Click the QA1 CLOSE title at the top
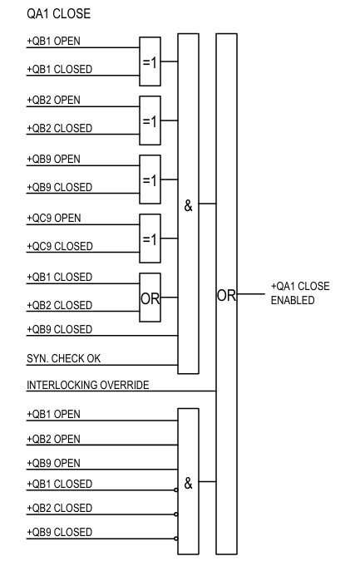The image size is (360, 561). [58, 14]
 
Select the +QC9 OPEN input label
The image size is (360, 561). [58, 219]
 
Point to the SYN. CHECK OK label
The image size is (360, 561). [65, 358]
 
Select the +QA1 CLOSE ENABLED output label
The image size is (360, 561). [300, 293]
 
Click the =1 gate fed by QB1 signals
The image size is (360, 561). [150, 62]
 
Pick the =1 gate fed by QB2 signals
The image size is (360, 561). [150, 121]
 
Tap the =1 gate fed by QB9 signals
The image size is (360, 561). [150, 180]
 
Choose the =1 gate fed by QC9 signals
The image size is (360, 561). [150, 239]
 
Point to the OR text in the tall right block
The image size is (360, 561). [225, 295]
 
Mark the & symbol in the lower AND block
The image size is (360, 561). [188, 483]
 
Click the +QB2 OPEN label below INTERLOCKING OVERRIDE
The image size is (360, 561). [58, 438]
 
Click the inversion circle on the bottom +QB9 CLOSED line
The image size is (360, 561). [175, 539]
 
